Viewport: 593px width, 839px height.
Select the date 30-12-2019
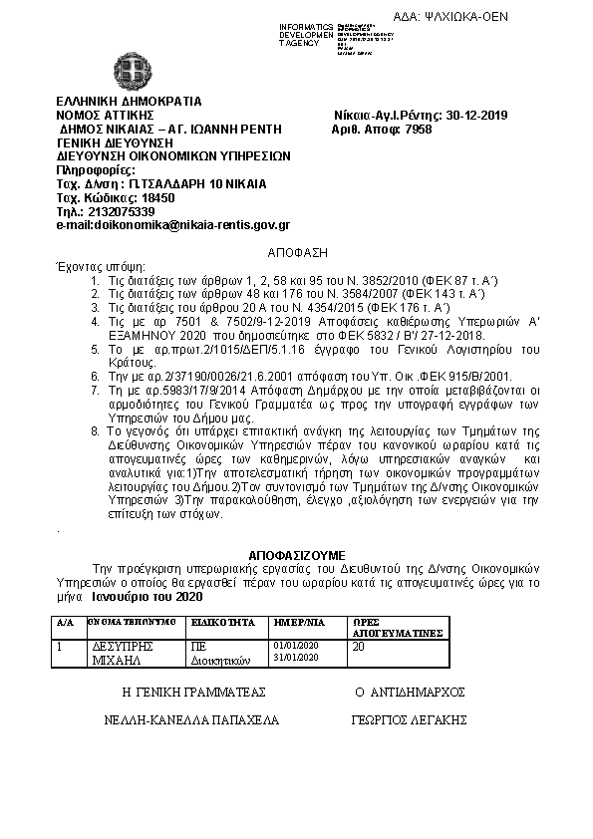coord(476,115)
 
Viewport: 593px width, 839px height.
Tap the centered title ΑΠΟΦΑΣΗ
coord(298,254)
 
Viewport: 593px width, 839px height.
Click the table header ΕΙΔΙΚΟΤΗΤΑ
coord(218,621)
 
